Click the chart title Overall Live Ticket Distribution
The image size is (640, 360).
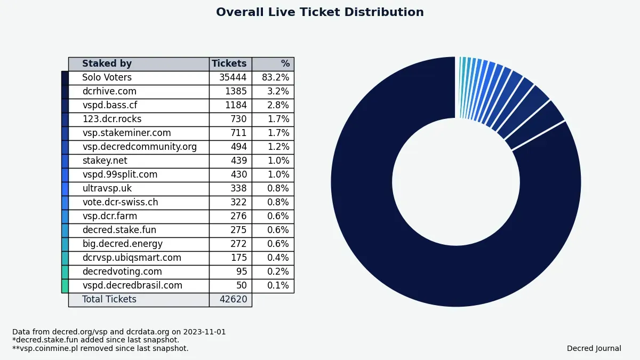click(x=320, y=12)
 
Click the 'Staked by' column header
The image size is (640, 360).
click(x=107, y=64)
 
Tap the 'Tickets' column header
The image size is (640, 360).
click(x=229, y=64)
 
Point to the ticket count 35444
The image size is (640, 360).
click(x=233, y=78)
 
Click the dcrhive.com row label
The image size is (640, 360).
click(x=109, y=92)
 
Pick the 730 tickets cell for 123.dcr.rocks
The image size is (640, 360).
click(x=238, y=119)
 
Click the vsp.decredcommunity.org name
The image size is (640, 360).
click(x=139, y=147)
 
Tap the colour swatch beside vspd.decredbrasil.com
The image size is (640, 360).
click(x=65, y=286)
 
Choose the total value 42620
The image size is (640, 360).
click(x=233, y=300)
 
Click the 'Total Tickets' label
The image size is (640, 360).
click(x=109, y=300)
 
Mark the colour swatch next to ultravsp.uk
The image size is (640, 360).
click(x=65, y=189)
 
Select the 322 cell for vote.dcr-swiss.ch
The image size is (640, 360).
click(x=238, y=203)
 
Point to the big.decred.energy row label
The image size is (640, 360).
click(x=122, y=244)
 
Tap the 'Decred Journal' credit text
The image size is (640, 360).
click(x=594, y=349)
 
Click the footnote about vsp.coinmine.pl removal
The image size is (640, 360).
click(x=100, y=349)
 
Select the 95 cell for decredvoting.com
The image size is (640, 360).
click(x=242, y=272)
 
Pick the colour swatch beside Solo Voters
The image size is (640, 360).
click(x=65, y=78)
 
